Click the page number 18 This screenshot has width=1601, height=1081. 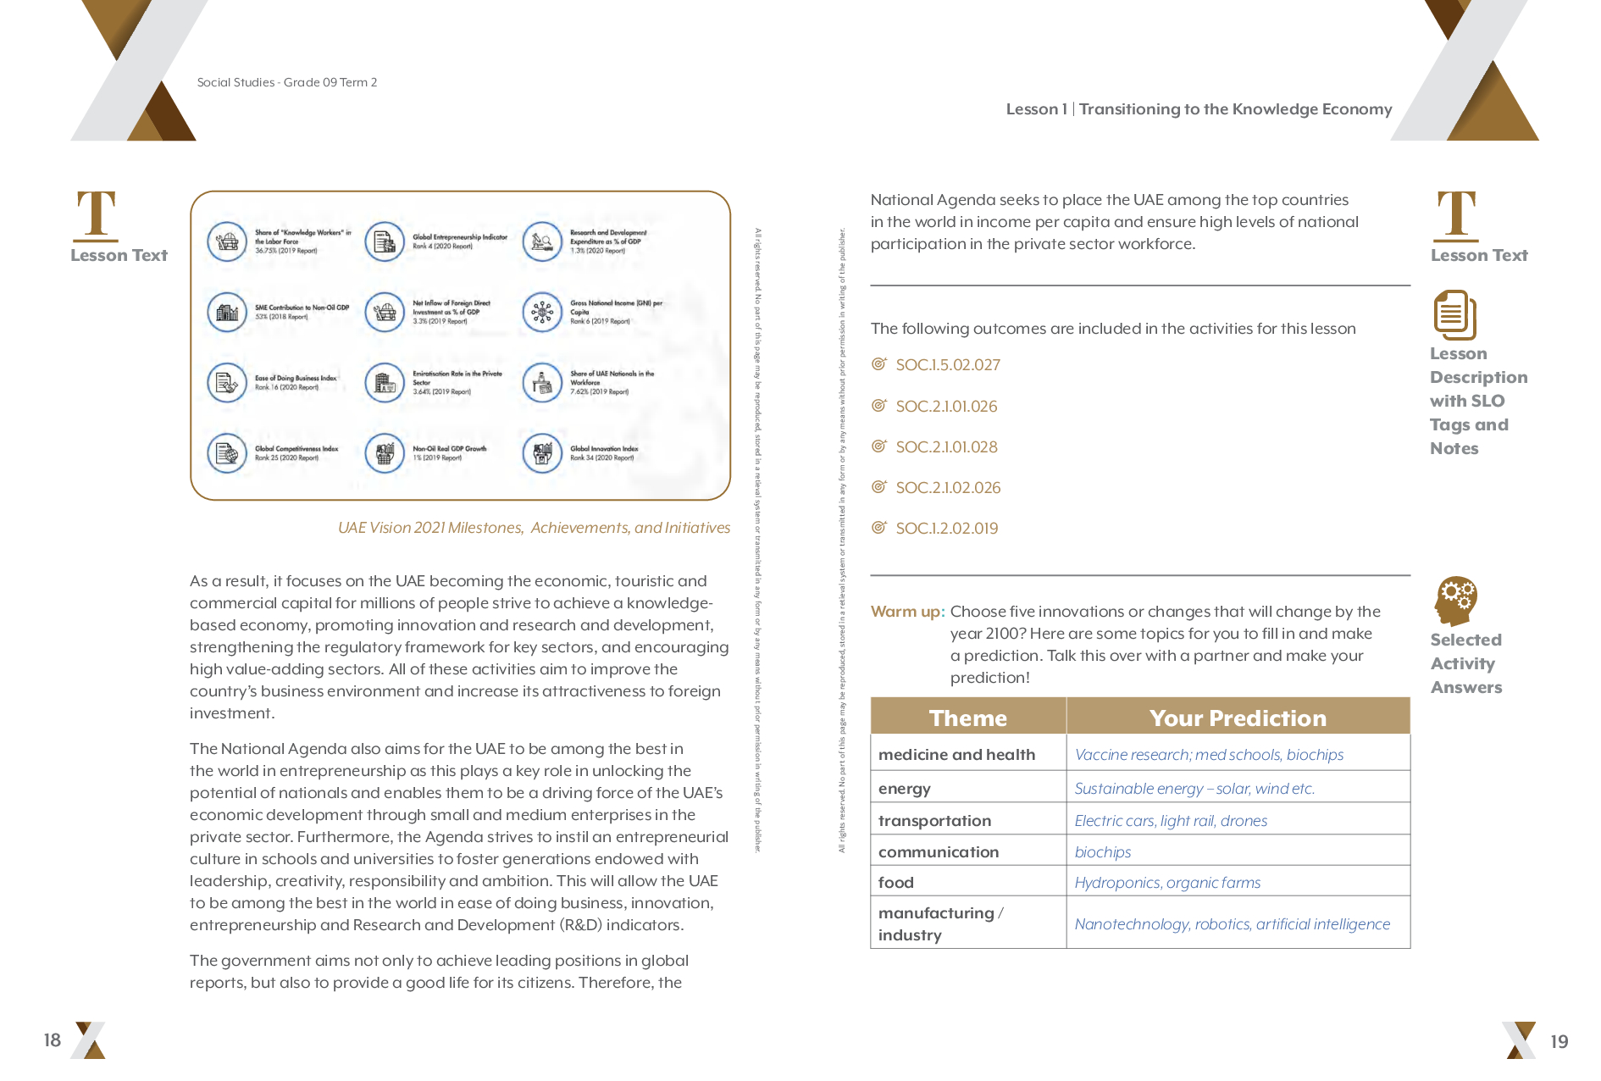coord(53,1039)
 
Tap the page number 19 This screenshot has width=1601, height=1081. coord(1559,1041)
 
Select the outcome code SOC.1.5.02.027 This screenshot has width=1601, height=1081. coord(948,365)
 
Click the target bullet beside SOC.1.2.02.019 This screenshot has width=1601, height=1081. coord(879,528)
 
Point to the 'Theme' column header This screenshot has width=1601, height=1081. coord(967,718)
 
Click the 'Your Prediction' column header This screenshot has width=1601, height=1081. coord(1238,718)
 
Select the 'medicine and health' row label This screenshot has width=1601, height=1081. coord(956,755)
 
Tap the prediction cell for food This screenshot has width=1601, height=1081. coord(1167,883)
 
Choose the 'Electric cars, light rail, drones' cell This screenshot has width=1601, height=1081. coord(1171,821)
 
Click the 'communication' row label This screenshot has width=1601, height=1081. coord(939,852)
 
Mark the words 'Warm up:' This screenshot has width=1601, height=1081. coord(907,612)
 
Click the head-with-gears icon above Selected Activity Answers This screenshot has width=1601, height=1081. coord(1455,601)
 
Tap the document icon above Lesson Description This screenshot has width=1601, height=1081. coord(1454,314)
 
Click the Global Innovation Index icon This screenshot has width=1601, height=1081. coord(542,453)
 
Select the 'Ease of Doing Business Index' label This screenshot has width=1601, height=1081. coord(296,379)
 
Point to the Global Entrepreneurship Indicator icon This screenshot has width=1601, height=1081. coord(385,242)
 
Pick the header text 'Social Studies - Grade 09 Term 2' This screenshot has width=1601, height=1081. coord(287,82)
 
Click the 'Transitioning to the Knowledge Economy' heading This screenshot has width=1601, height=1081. coord(1235,109)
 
